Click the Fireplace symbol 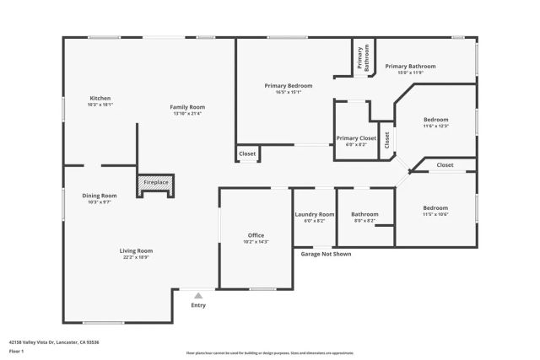[x=155, y=182]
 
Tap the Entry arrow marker [x=198, y=296]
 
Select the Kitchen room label [x=100, y=98]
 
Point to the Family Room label [x=187, y=107]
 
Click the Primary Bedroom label [x=288, y=86]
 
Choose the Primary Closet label [x=356, y=137]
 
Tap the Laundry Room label [x=315, y=214]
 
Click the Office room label [x=256, y=235]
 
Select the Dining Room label [x=100, y=196]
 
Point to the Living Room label [x=135, y=250]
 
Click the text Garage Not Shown [x=327, y=254]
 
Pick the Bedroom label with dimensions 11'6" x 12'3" [x=435, y=120]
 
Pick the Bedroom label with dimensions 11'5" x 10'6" [x=435, y=207]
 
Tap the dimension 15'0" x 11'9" [x=410, y=73]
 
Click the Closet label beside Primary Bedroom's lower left [x=247, y=154]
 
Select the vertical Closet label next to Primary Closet [x=386, y=140]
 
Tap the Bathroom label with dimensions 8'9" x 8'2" [x=364, y=214]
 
